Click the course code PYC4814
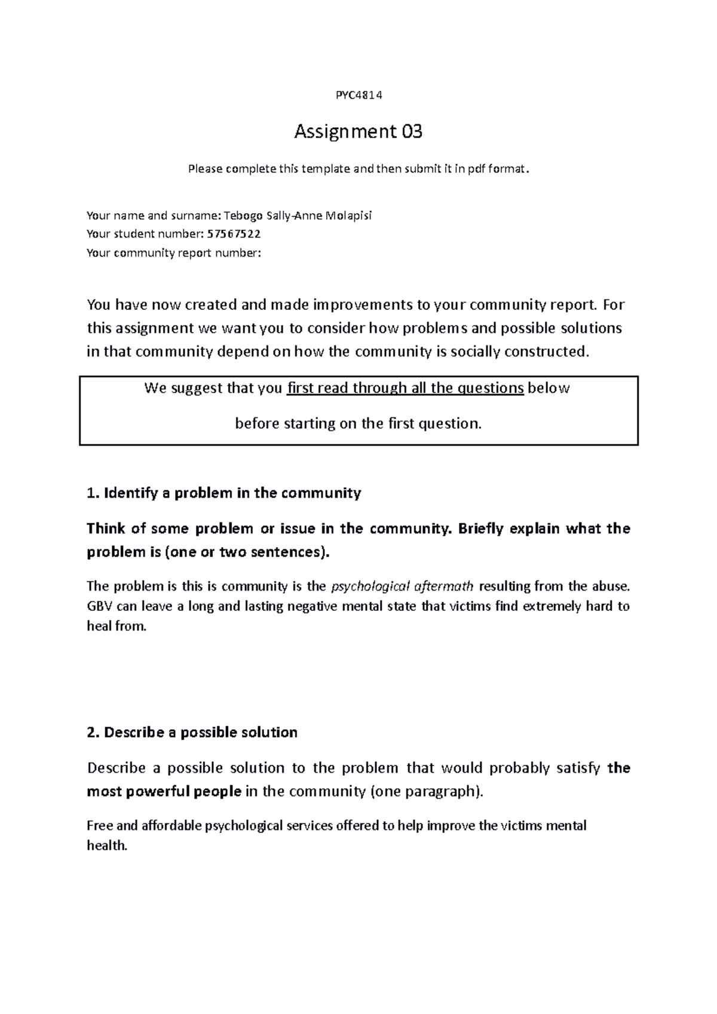pyautogui.click(x=358, y=94)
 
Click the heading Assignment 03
pyautogui.click(x=358, y=131)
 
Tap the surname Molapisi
pyautogui.click(x=348, y=215)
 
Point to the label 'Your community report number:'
pyautogui.click(x=174, y=253)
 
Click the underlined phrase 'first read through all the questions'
pyautogui.click(x=406, y=388)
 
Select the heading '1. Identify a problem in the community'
pyautogui.click(x=224, y=493)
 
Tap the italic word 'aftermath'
pyautogui.click(x=444, y=586)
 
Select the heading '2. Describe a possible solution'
pyautogui.click(x=192, y=733)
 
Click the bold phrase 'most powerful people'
pyautogui.click(x=164, y=792)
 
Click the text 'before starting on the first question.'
pyautogui.click(x=358, y=424)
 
